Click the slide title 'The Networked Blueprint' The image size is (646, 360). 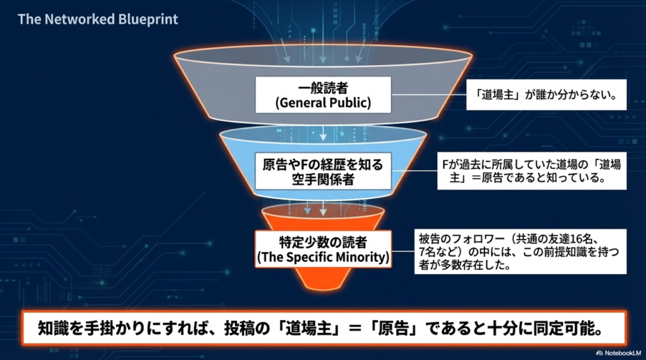point(98,19)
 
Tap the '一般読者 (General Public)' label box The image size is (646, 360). point(322,95)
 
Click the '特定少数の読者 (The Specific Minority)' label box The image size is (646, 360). point(322,250)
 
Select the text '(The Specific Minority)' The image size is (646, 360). point(322,258)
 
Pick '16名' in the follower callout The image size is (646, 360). point(590,240)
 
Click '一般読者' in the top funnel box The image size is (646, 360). point(322,88)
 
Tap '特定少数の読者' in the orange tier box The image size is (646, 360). point(322,242)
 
